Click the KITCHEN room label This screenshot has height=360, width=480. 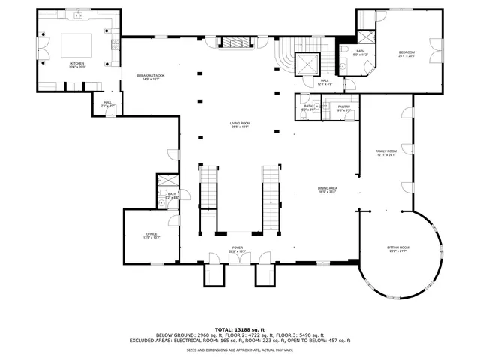(77, 64)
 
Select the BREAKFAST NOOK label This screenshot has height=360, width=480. (151, 76)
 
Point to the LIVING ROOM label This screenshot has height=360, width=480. (240, 125)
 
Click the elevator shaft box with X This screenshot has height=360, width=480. (308, 65)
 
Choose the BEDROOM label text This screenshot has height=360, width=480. (406, 52)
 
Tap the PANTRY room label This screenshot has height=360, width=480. (344, 108)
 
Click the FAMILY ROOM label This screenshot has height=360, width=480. (385, 153)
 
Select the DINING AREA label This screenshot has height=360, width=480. (327, 190)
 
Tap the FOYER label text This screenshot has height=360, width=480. (238, 248)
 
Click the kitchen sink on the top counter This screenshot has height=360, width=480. (77, 15)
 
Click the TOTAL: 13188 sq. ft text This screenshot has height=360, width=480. (239, 328)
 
